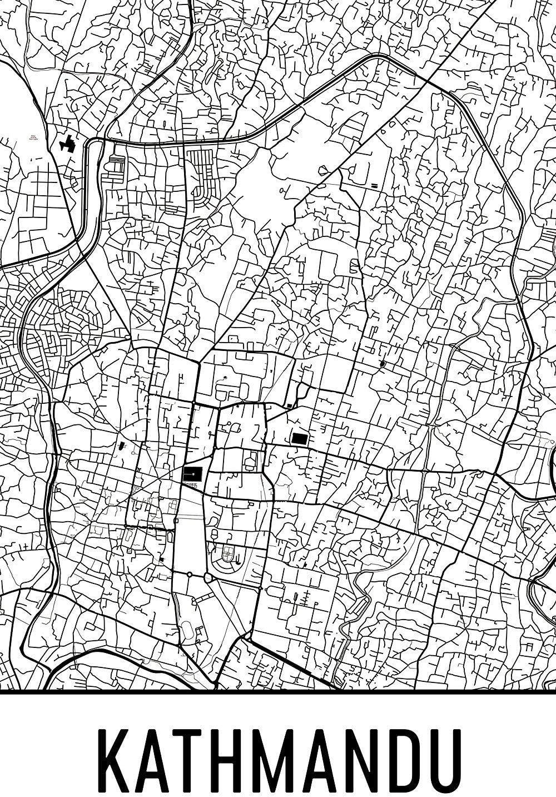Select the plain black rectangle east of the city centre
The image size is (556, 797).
(299, 438)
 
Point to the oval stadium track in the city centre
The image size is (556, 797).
(227, 554)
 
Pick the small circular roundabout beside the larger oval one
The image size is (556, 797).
(190, 573)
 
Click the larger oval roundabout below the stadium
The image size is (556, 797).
(209, 578)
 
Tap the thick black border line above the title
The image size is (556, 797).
(278, 692)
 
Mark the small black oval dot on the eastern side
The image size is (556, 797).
(382, 363)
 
